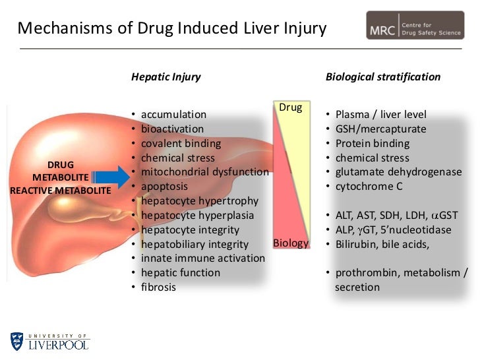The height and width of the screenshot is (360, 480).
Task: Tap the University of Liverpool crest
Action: click(x=18, y=341)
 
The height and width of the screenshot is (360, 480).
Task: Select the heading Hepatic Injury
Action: click(x=166, y=76)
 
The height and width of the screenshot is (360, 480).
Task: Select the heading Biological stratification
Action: click(x=383, y=76)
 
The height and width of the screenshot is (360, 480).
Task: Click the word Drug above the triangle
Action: click(x=290, y=107)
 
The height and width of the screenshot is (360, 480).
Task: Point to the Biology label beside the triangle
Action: click(x=291, y=243)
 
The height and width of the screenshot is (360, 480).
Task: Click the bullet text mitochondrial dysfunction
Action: click(x=204, y=172)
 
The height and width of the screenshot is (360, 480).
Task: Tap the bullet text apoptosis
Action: click(x=164, y=187)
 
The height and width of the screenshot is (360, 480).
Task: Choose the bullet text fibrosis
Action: click(x=158, y=287)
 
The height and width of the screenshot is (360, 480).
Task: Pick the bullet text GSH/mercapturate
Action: click(x=380, y=129)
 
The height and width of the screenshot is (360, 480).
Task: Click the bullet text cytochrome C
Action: click(x=369, y=187)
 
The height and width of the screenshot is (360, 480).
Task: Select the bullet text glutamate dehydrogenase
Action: click(x=398, y=172)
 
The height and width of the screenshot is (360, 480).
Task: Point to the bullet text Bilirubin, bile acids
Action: click(x=382, y=245)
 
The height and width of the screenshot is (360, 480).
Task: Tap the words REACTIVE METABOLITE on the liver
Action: click(x=61, y=191)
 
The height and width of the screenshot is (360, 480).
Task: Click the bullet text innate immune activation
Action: click(x=202, y=258)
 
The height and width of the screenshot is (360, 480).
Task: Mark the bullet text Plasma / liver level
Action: click(x=380, y=115)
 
